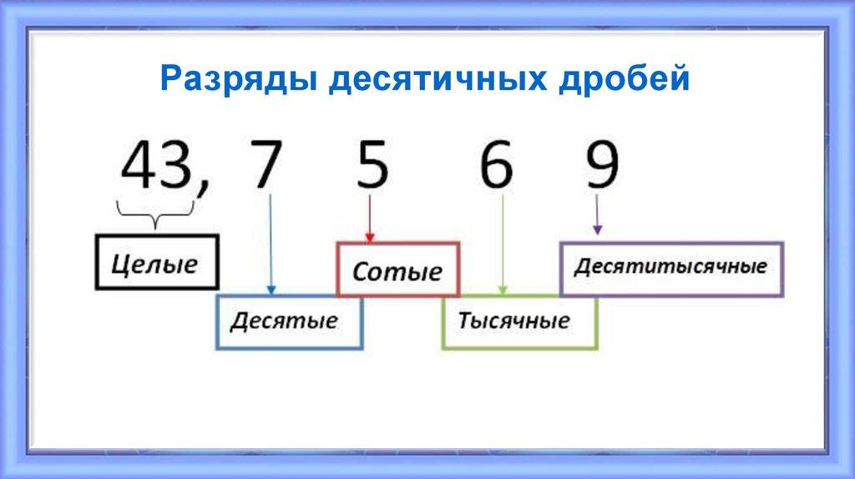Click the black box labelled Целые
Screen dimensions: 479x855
coord(156,263)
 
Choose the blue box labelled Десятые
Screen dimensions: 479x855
coord(289,321)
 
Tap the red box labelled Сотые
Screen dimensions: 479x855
coord(397,270)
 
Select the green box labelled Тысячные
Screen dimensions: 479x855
coord(519,321)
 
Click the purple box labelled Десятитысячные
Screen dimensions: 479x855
coord(670,269)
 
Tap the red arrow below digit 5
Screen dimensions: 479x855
coord(369,219)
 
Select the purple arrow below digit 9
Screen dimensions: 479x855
coord(597,214)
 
